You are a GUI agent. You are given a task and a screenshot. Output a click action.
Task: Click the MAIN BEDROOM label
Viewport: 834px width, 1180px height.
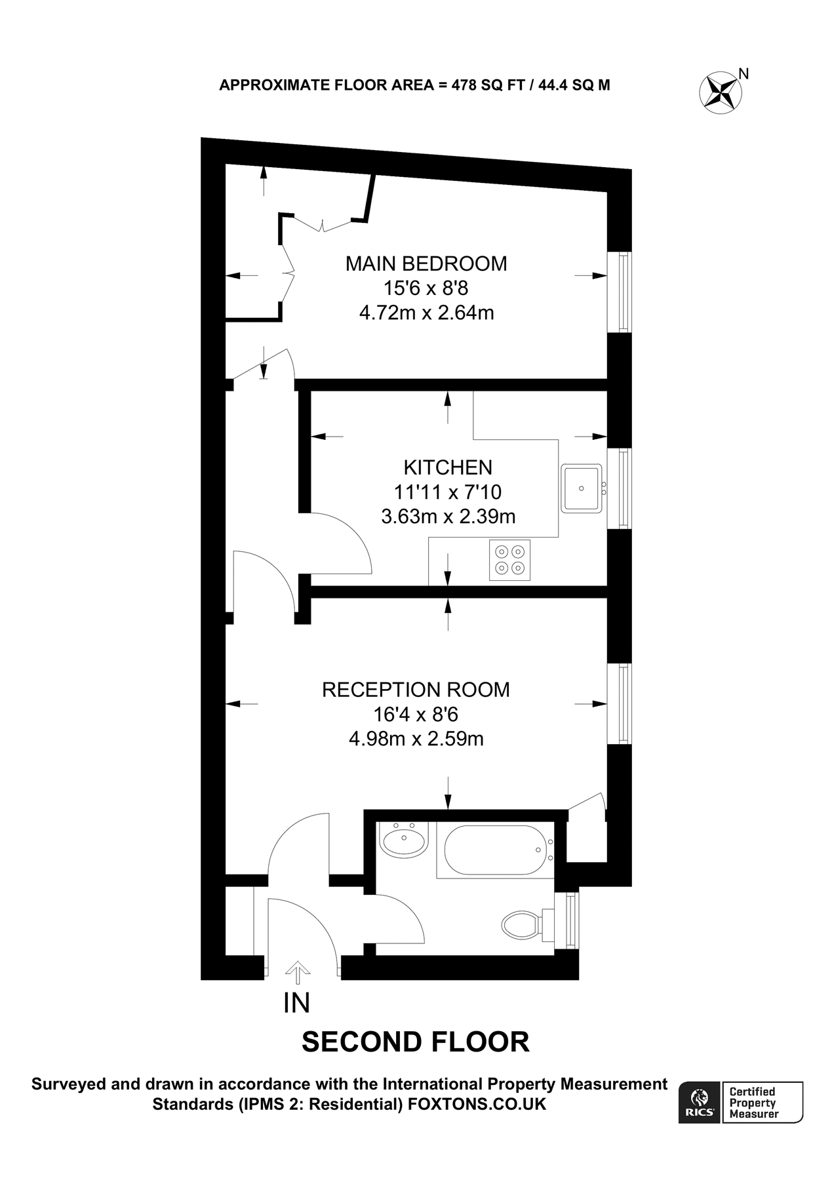tap(426, 264)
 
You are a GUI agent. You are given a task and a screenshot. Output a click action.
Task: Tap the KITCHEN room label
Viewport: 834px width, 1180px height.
tap(448, 467)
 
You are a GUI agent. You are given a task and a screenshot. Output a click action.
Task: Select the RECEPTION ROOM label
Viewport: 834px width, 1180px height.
tap(416, 690)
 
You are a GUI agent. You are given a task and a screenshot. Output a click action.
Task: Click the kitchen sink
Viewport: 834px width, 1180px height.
tap(582, 488)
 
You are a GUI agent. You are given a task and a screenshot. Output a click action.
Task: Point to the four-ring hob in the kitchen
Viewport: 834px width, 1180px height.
tap(509, 560)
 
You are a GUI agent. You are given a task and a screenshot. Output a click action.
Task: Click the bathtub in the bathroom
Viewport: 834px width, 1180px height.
tap(495, 850)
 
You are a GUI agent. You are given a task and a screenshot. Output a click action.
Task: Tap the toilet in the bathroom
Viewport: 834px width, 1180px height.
tap(523, 925)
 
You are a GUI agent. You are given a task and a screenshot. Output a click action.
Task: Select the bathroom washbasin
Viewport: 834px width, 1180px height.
tap(405, 841)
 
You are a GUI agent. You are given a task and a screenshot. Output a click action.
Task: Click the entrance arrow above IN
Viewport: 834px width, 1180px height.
tap(298, 973)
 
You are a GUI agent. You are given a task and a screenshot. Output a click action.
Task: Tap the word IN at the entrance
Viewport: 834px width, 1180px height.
tap(296, 1003)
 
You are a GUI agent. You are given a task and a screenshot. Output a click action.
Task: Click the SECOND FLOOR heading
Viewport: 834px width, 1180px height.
tap(415, 1042)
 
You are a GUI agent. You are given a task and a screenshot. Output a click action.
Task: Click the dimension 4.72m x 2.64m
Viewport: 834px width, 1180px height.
tap(426, 313)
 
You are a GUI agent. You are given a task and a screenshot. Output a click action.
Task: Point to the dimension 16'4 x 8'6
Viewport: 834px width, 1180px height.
tap(416, 715)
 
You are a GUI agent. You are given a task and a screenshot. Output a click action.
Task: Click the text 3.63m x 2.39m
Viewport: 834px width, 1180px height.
tap(448, 517)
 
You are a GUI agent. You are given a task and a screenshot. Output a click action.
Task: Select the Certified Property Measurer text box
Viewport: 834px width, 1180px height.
tap(762, 1103)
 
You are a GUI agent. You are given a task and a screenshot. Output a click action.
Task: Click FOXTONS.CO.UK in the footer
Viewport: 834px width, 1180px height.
tap(477, 1105)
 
